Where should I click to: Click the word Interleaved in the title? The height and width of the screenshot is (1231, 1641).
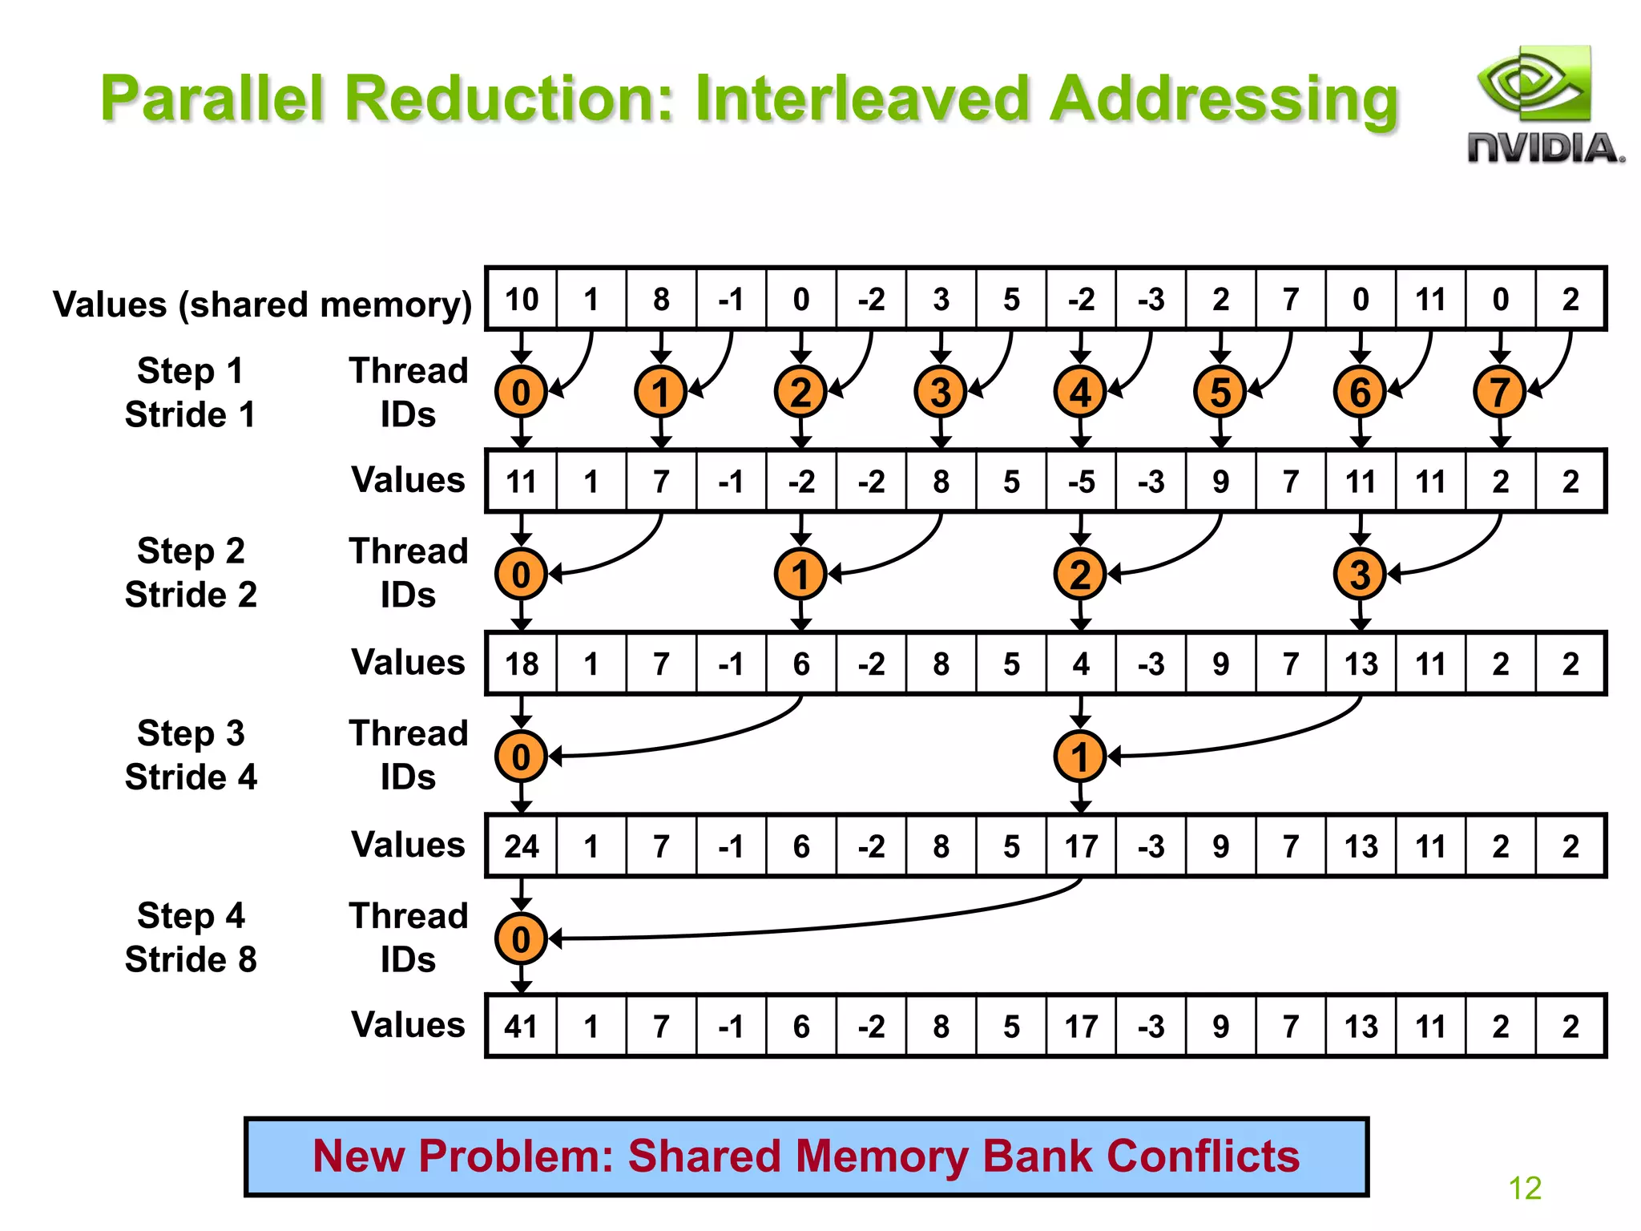coord(862,99)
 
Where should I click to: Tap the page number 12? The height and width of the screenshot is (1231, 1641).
coord(1525,1188)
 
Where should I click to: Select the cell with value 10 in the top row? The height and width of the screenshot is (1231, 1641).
coord(522,300)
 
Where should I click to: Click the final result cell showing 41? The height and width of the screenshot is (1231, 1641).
coord(522,1027)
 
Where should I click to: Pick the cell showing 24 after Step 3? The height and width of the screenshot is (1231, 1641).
coord(522,846)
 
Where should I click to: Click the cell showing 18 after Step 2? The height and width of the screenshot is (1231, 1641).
coord(522,664)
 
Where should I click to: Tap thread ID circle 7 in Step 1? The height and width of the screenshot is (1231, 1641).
coord(1499,392)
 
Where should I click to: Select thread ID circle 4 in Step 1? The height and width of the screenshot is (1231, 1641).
coord(1080,392)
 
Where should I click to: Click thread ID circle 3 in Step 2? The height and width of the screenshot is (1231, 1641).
coord(1360,574)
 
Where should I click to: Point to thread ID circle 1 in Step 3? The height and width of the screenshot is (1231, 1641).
coord(1080,756)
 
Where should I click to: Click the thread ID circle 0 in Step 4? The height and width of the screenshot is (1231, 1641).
coord(521,938)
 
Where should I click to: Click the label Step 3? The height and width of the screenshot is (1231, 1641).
coord(191,733)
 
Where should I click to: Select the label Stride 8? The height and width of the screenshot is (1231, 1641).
coord(191,959)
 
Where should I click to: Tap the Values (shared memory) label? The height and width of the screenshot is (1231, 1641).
coord(262,305)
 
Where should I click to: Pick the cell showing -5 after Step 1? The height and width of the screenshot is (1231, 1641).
coord(1080,482)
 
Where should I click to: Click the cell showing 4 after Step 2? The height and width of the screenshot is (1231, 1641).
coord(1080,664)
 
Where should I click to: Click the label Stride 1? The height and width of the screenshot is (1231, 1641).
coord(191,414)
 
